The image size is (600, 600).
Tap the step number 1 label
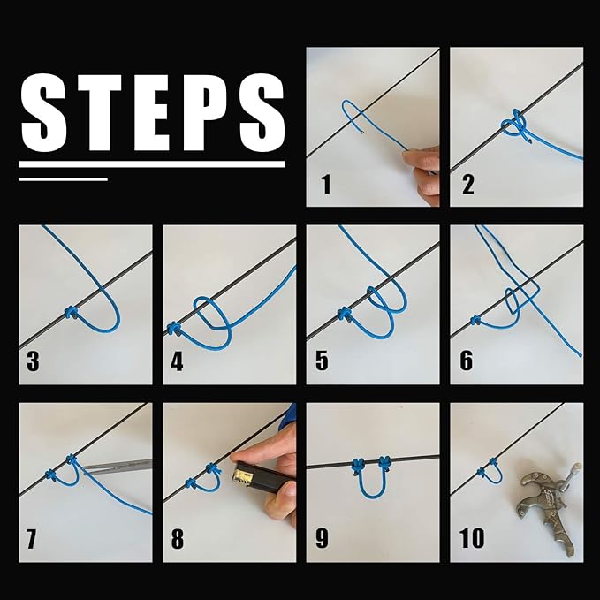pyautogui.click(x=326, y=185)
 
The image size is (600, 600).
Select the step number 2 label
pyautogui.click(x=468, y=185)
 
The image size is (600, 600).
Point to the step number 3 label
pyautogui.click(x=34, y=361)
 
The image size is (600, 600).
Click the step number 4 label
pyautogui.click(x=178, y=361)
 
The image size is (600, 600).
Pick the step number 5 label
pyautogui.click(x=323, y=361)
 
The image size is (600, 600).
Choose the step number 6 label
pyautogui.click(x=466, y=361)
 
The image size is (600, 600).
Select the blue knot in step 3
pyautogui.click(x=70, y=313)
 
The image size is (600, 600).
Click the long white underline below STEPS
pyautogui.click(x=152, y=164)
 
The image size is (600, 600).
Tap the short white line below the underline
pyautogui.click(x=63, y=179)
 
